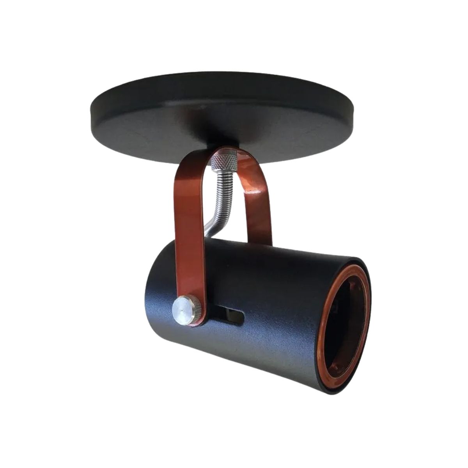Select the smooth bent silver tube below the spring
214,225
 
